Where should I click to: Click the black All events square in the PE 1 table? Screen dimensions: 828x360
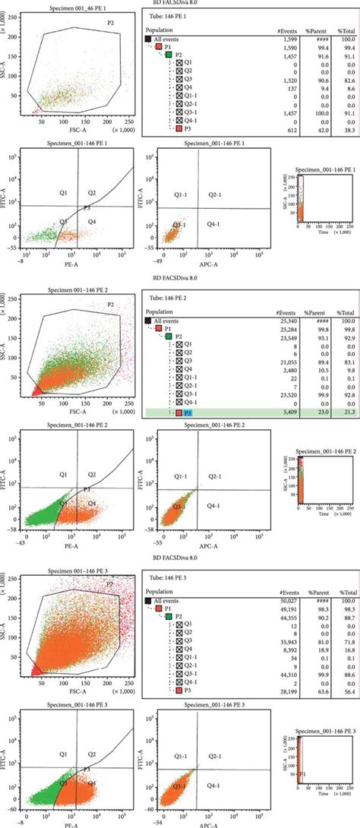tap(148, 37)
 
